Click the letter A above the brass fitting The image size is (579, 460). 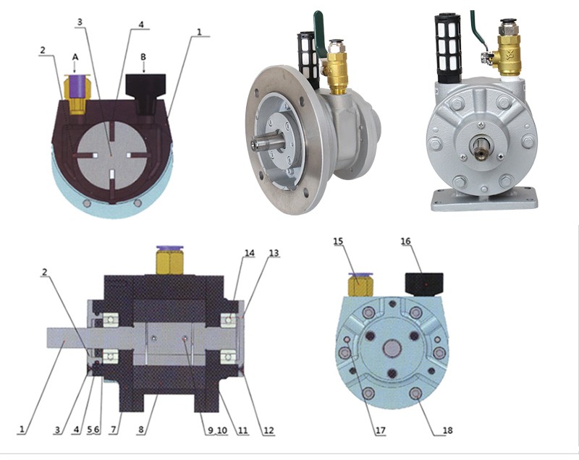(x=75, y=57)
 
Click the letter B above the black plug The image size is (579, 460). (x=143, y=57)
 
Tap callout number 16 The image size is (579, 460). (x=405, y=242)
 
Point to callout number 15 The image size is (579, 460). (x=338, y=242)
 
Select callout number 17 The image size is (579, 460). (x=381, y=430)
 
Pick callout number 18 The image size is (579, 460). (x=447, y=430)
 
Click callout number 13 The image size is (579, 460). (x=274, y=253)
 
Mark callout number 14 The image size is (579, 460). (x=250, y=253)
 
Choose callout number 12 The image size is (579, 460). (x=269, y=430)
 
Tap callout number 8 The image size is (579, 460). (x=141, y=430)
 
